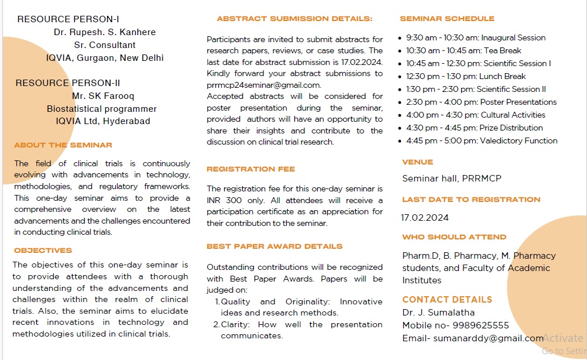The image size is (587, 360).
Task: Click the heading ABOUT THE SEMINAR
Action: (63, 145)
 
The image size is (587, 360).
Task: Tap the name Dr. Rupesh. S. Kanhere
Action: (105, 32)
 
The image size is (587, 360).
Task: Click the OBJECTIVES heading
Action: (43, 251)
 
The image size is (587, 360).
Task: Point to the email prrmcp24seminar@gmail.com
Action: (263, 85)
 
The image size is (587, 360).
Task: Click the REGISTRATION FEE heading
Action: (250, 169)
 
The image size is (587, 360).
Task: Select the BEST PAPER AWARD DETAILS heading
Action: (274, 246)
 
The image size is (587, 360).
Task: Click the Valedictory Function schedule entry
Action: (482, 140)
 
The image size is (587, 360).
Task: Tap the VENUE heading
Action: (417, 162)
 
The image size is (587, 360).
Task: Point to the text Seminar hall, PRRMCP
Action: (451, 179)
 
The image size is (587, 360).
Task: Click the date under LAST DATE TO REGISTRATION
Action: (425, 218)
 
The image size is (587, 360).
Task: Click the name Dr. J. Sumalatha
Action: (438, 313)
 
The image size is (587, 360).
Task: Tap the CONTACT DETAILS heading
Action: (447, 300)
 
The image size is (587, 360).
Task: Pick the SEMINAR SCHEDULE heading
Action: (445, 19)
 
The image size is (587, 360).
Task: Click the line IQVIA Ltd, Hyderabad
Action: (103, 121)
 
